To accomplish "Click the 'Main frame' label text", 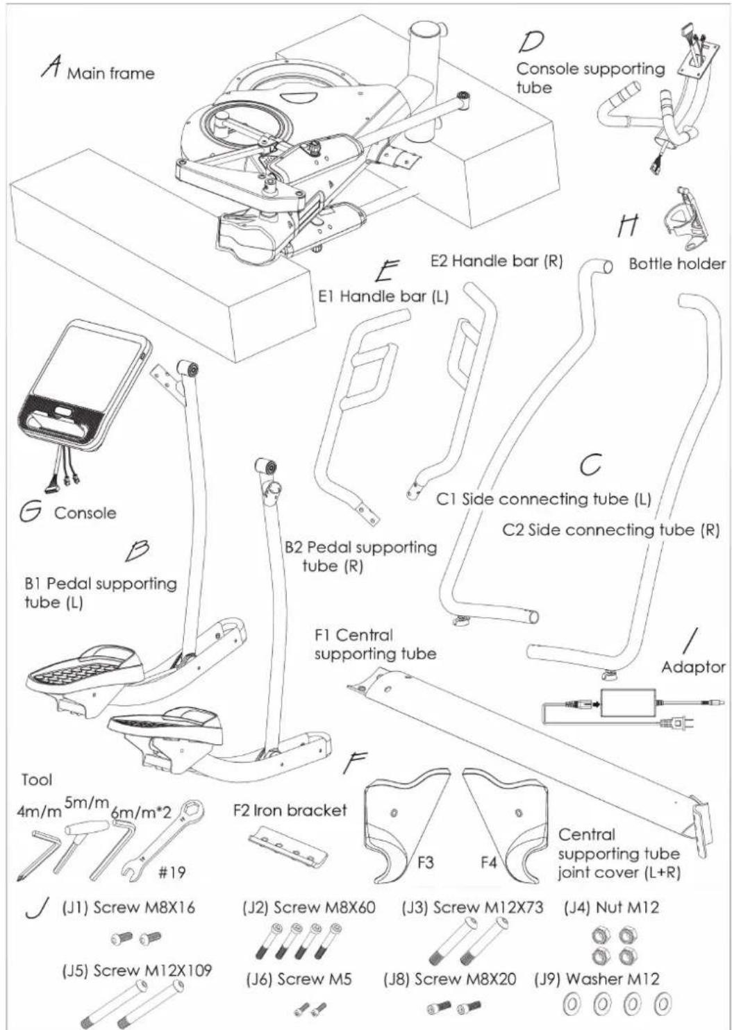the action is click(x=111, y=74).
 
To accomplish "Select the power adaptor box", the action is click(x=628, y=703).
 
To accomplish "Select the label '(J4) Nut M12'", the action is click(x=611, y=907).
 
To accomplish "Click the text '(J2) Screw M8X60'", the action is click(x=309, y=907).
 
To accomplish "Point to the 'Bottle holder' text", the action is click(x=677, y=264).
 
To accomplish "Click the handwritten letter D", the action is click(x=531, y=42).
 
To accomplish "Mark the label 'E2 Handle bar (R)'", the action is click(x=497, y=261).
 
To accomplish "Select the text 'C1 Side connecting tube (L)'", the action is click(x=543, y=499).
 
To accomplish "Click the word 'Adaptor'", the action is click(x=693, y=667).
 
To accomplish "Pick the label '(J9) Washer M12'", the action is click(x=597, y=979).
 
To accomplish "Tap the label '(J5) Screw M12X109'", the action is click(x=137, y=970).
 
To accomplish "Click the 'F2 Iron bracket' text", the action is click(x=290, y=810).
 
